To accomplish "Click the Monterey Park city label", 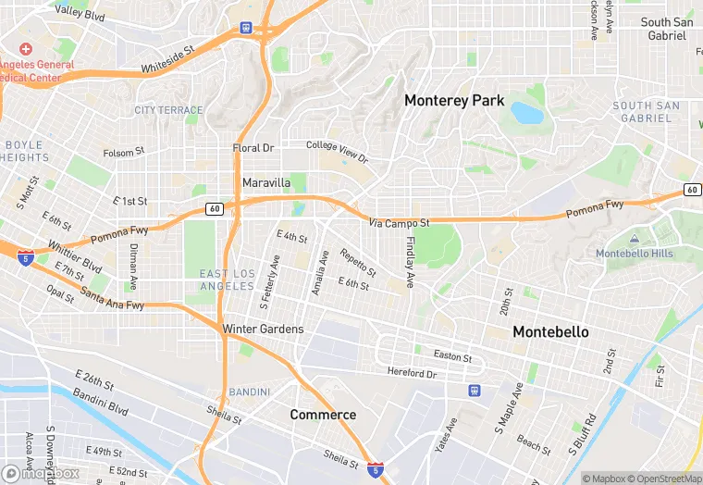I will [x=454, y=100].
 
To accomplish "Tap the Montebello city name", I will [x=550, y=331].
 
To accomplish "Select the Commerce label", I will [x=323, y=414].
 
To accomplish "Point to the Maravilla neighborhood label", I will [x=266, y=183].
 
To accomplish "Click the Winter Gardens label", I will [x=263, y=329].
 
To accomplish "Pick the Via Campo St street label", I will [x=399, y=223].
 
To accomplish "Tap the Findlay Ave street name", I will [x=411, y=261].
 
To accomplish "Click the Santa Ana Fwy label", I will [x=112, y=299].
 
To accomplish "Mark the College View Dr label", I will [x=337, y=152].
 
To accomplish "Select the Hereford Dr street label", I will [x=412, y=373].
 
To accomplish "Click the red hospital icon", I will [x=25, y=48].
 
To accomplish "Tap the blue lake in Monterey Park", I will [x=527, y=113].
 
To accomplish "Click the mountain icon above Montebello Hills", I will [x=634, y=240].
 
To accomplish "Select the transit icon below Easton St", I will [x=475, y=391].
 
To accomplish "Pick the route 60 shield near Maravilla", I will [x=214, y=209].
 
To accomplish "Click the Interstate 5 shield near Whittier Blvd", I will [x=24, y=255].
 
